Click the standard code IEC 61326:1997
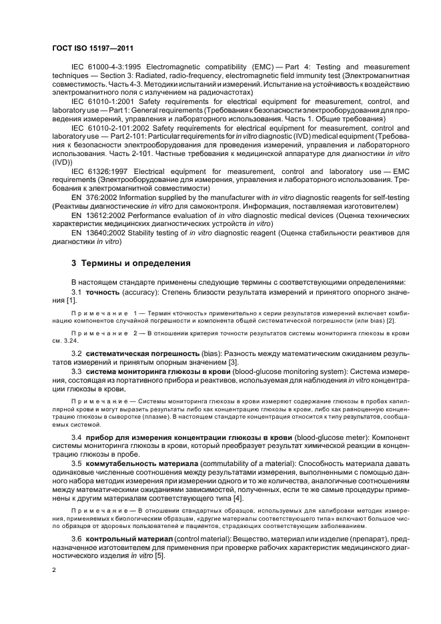point(101,171)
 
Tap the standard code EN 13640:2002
point(101,233)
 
